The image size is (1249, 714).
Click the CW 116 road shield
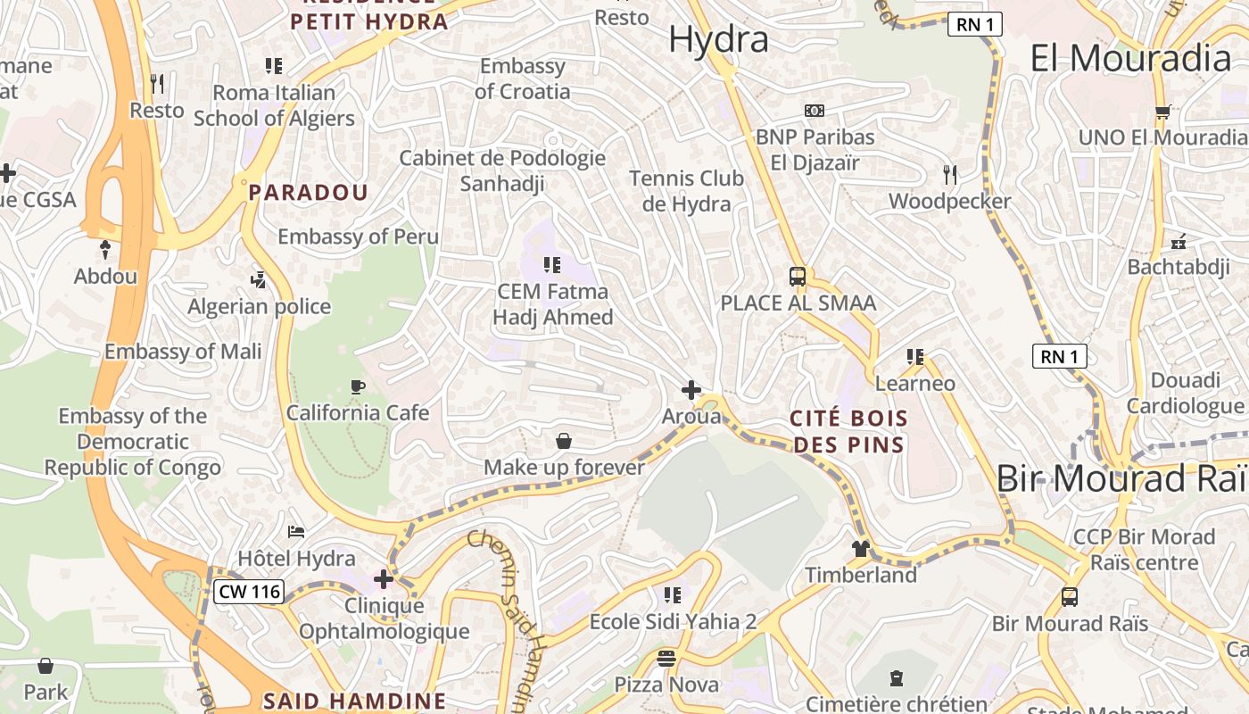point(249,591)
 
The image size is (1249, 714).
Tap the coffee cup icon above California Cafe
point(357,386)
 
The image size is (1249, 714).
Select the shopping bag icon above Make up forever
point(564,441)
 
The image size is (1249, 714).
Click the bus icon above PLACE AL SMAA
point(798,277)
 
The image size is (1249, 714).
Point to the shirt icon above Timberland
point(861,549)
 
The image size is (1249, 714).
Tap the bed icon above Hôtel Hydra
point(296,533)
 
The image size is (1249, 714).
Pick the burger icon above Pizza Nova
point(666,660)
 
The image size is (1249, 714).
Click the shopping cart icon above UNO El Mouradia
point(1162,112)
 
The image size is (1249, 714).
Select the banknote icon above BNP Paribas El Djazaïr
point(814,111)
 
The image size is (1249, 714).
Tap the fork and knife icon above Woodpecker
point(950,175)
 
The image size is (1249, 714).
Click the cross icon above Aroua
point(691,390)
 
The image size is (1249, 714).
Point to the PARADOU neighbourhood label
point(308,192)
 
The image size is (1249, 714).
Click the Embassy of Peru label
point(358,237)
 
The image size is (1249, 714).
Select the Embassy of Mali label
point(183,351)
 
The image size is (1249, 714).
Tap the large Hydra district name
point(718,39)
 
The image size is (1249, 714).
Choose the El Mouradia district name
point(1130,58)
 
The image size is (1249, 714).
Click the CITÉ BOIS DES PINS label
point(850,431)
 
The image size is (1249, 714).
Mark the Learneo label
point(915,384)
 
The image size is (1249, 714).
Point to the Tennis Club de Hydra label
point(686,191)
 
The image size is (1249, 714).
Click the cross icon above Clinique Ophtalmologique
point(384,580)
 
